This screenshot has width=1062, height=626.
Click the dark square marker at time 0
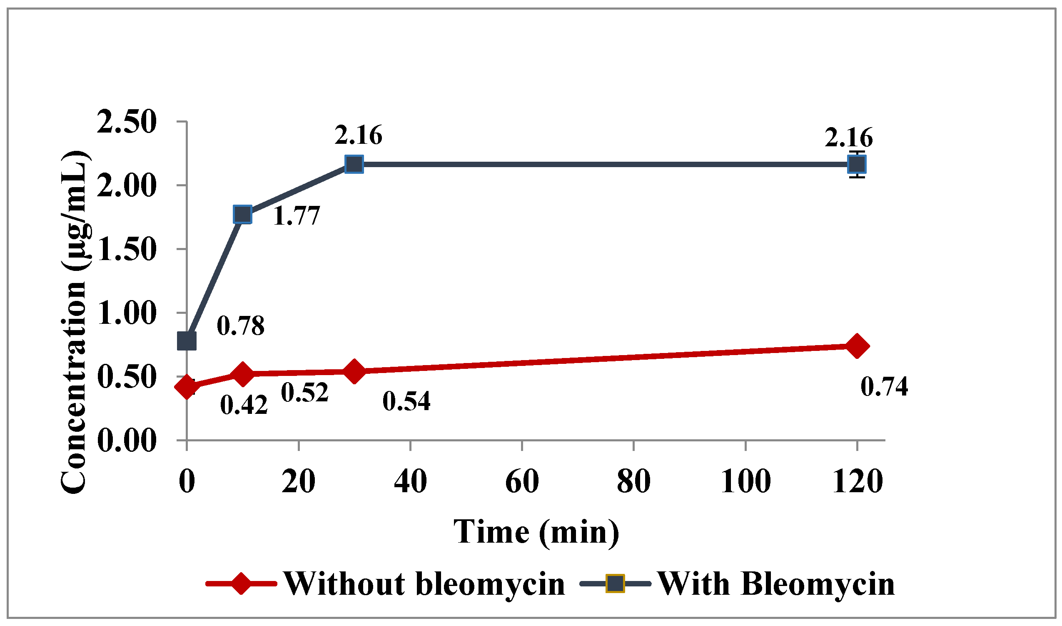(x=187, y=341)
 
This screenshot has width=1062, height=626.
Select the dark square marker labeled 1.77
(x=243, y=215)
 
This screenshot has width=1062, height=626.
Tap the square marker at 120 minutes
(x=857, y=164)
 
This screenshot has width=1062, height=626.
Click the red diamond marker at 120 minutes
(x=857, y=346)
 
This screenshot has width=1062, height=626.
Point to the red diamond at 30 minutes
(x=354, y=371)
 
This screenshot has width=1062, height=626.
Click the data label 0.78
(x=241, y=326)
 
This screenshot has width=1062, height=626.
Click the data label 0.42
(x=244, y=406)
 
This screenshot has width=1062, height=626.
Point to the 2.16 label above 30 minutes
(x=358, y=135)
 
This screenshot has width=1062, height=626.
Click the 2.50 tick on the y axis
(x=127, y=122)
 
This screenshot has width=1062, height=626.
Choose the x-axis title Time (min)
(x=536, y=532)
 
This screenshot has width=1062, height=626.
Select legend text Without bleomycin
(x=424, y=584)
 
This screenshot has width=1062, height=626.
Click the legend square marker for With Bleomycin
(x=615, y=584)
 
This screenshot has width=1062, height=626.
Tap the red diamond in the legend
(x=241, y=584)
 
